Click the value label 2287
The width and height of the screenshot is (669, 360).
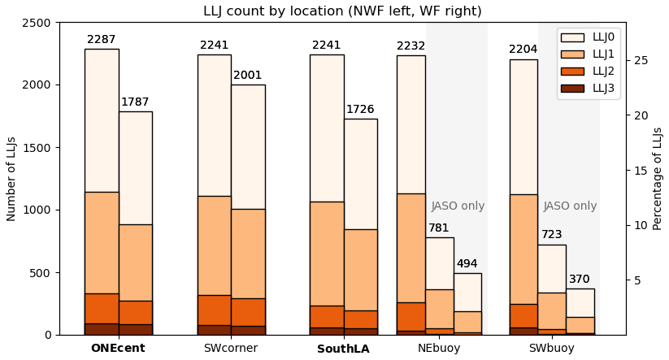pyautogui.click(x=102, y=40)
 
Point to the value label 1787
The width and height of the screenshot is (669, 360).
pyautogui.click(x=135, y=102)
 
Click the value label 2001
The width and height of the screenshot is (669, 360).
pyautogui.click(x=248, y=76)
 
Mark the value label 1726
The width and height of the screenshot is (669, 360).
pyautogui.click(x=360, y=110)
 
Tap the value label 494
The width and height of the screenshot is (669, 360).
pyautogui.click(x=467, y=264)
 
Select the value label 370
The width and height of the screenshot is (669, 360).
pyautogui.click(x=580, y=280)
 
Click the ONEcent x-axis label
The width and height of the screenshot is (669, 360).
pyautogui.click(x=118, y=349)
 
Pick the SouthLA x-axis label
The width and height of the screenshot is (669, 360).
pyautogui.click(x=343, y=349)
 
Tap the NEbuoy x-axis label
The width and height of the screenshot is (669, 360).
pyautogui.click(x=439, y=349)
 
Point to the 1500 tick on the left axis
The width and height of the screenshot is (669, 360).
pyautogui.click(x=38, y=147)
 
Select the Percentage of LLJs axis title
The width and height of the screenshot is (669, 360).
pyautogui.click(x=658, y=178)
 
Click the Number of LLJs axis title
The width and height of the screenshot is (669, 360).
pyautogui.click(x=11, y=179)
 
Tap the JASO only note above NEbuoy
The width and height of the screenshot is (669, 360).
pyautogui.click(x=458, y=206)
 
